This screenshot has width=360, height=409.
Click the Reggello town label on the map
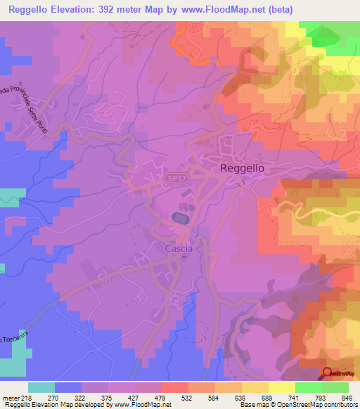click(x=242, y=168)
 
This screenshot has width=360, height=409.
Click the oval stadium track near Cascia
click(x=180, y=219)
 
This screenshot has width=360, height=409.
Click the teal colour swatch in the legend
click(x=41, y=387)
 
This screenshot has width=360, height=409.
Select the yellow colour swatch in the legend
click(x=281, y=387)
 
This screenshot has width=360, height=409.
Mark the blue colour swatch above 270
click(x=68, y=387)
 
